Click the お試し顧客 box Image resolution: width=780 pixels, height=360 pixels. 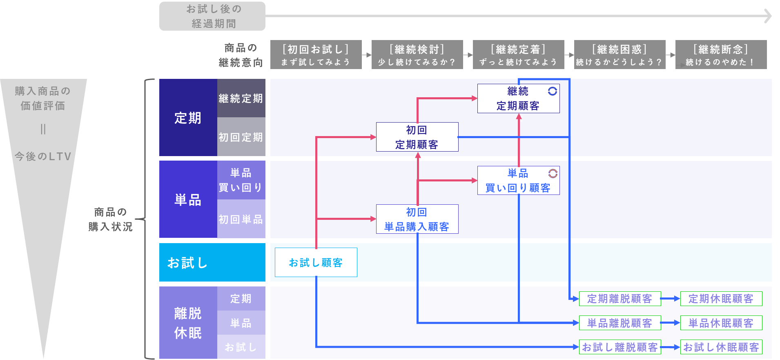coord(316,262)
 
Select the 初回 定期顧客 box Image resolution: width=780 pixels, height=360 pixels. coord(417,137)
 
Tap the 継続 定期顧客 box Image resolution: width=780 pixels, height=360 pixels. coord(518,98)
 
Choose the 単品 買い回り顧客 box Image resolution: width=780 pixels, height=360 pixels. coord(518,180)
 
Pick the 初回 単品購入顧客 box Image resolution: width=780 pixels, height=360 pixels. coord(417,219)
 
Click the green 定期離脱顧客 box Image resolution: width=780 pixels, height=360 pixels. coord(620,299)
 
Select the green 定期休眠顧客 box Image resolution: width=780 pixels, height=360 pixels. coord(721,299)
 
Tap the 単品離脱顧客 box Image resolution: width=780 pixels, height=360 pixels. coord(620,323)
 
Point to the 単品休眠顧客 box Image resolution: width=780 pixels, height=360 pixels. coord(721,323)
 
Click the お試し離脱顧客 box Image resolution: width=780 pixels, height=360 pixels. coord(620,347)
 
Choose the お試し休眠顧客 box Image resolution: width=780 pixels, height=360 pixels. coord(721,347)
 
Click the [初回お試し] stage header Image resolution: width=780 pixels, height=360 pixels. coord(316,54)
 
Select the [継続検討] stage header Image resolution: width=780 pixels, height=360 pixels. coord(417,54)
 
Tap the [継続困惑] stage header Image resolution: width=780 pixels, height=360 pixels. coord(620,54)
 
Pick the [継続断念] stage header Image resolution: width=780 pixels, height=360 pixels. coord(721,54)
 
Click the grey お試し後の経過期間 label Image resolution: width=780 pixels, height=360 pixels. coord(212,16)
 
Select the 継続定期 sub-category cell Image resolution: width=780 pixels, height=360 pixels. coord(241,98)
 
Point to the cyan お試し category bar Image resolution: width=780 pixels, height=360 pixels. coord(212,262)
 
